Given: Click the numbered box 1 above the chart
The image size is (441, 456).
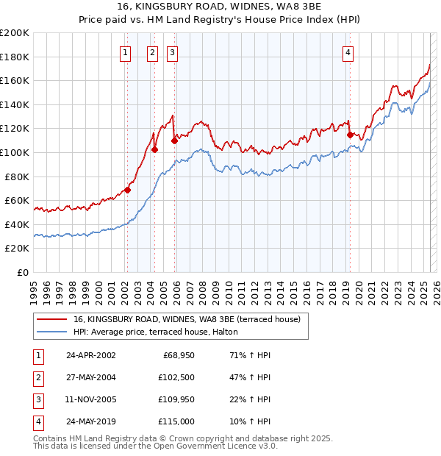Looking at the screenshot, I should point(126,51).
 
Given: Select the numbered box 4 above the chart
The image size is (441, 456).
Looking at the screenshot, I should point(348,51).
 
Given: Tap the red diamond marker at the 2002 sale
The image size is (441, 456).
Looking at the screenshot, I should point(127,190).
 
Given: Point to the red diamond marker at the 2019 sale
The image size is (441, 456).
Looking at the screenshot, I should point(350,135).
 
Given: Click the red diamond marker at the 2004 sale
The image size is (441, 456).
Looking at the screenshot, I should point(154,149).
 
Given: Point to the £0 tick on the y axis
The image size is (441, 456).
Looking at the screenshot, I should point(24,272).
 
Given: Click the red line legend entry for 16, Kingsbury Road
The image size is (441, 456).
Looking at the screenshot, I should point(187,319).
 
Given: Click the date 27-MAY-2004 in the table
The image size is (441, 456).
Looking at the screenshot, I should point(90,377).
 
